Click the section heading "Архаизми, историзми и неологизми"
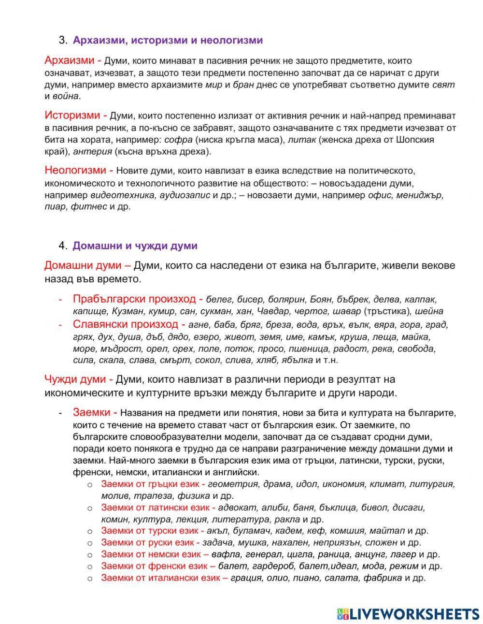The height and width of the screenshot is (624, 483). (168, 40)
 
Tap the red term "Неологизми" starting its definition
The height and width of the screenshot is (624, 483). (75, 170)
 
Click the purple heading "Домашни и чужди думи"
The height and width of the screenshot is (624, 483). (135, 246)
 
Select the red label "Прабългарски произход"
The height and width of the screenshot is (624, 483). (134, 299)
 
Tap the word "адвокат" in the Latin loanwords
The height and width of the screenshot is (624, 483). (238, 508)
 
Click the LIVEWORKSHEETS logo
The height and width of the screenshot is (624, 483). (408, 614)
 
